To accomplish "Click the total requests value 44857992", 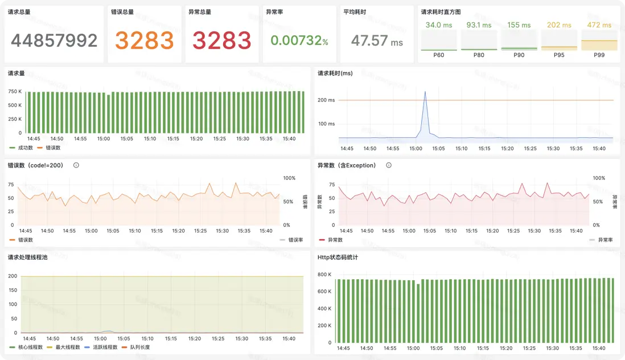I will (x=54, y=40).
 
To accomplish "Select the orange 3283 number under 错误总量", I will (x=145, y=40).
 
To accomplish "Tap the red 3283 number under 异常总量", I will (x=222, y=40).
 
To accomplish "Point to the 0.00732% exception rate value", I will (x=299, y=40).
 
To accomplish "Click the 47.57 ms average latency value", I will (x=377, y=40).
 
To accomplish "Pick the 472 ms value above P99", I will (x=599, y=25).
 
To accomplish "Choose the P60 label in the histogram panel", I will (x=438, y=55).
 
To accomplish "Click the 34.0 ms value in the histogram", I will (x=438, y=25).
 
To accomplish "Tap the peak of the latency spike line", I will (x=425, y=92).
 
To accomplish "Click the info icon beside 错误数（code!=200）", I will (x=76, y=165).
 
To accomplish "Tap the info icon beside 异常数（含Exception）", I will (x=389, y=165).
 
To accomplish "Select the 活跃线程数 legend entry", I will (x=103, y=347).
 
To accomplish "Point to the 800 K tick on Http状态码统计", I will (x=324, y=275).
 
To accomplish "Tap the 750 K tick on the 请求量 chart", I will (x=15, y=92).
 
